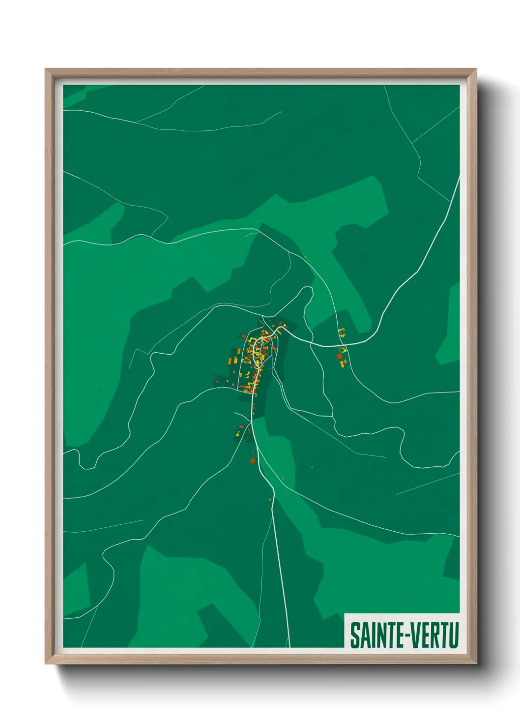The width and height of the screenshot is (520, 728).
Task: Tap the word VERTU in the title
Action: (434, 636)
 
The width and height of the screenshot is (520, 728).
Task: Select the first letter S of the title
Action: (354, 636)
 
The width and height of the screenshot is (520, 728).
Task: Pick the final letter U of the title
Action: (454, 636)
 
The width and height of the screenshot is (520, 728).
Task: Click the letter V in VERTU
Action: (414, 636)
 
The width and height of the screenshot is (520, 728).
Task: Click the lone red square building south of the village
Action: (253, 461)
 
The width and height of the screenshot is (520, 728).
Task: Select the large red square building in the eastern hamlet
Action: (339, 356)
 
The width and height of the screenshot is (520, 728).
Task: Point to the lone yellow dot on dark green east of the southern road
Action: (312, 467)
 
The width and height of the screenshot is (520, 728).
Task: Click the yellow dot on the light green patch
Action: (283, 477)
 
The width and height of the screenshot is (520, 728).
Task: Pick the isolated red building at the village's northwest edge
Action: (243, 336)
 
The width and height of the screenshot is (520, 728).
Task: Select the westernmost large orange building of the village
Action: (230, 362)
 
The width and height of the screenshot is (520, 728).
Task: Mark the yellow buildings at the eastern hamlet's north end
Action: (342, 331)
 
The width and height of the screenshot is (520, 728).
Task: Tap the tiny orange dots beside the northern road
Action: (305, 257)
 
